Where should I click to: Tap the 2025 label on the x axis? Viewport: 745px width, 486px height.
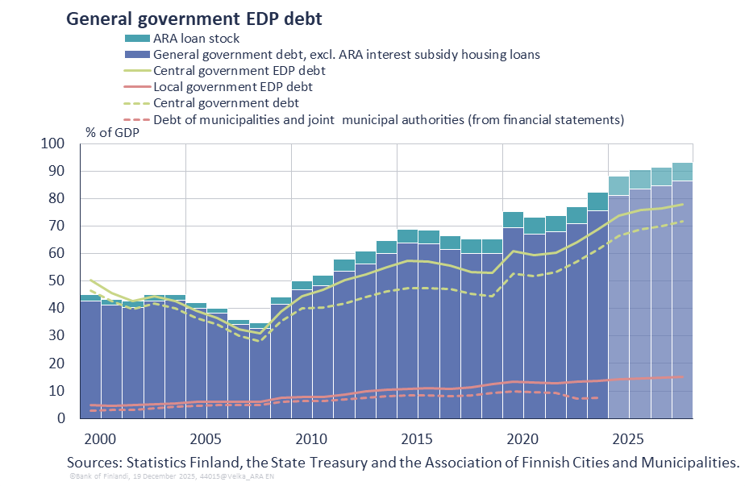pyautogui.click(x=626, y=440)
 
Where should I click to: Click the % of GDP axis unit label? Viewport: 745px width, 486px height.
pyautogui.click(x=112, y=132)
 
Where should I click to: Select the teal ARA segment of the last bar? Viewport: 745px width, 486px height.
pyautogui.click(x=682, y=171)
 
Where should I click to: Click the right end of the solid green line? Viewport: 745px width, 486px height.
pyautogui.click(x=683, y=205)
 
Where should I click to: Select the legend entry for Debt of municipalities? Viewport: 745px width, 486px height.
pyautogui.click(x=388, y=119)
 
